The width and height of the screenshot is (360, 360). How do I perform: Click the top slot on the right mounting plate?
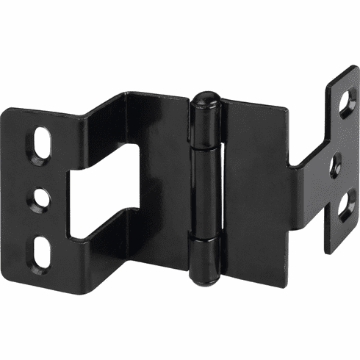tap(346, 104)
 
